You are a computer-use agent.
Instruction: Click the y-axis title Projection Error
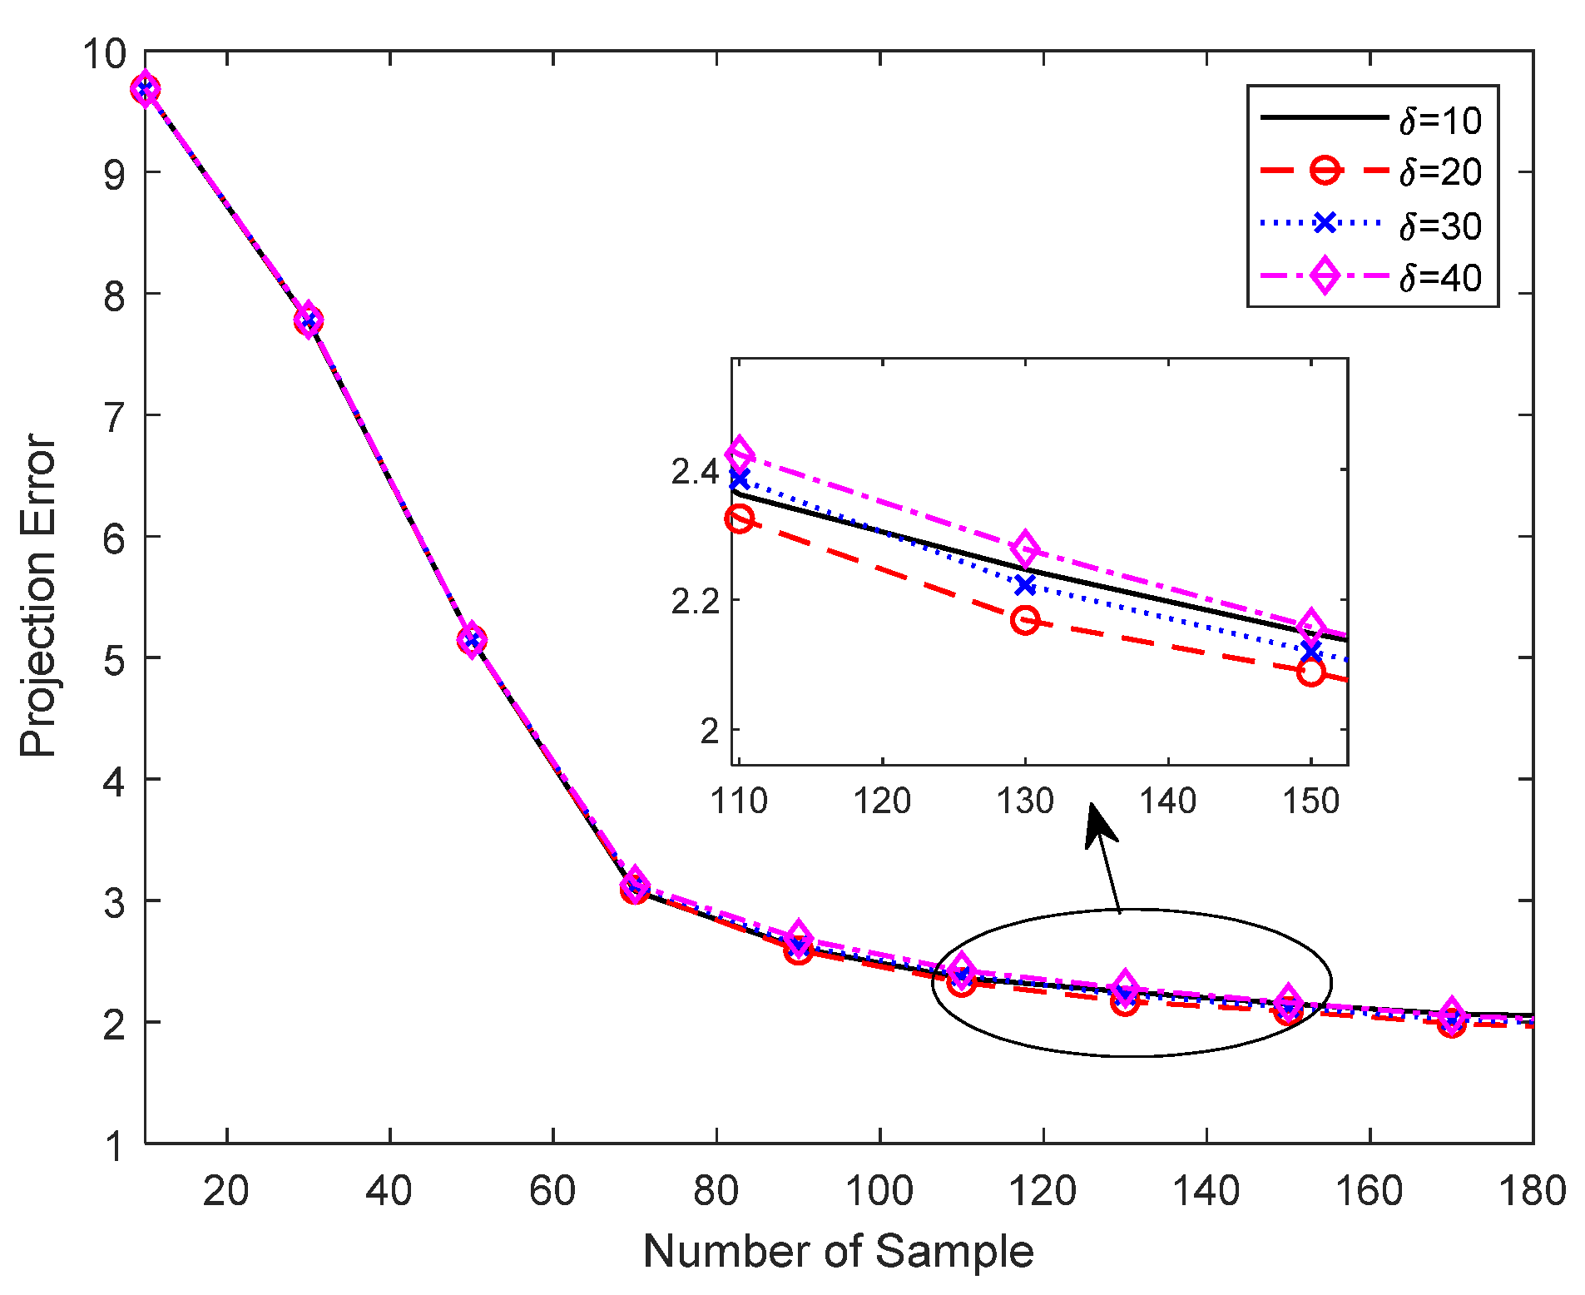tap(38, 596)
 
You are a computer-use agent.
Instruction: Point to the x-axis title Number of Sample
tap(838, 1252)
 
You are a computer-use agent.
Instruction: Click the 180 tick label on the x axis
tap(1531, 1191)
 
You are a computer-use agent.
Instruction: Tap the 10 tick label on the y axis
tap(104, 55)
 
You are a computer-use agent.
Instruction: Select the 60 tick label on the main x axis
tap(552, 1191)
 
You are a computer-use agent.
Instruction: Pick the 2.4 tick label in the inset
tap(695, 472)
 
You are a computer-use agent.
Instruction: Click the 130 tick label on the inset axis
tap(1025, 801)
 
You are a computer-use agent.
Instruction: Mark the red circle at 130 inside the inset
tap(1025, 620)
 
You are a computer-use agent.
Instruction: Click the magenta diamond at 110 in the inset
tap(740, 454)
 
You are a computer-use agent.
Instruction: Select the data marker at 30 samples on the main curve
tap(309, 321)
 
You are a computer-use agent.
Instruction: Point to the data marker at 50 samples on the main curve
tap(472, 640)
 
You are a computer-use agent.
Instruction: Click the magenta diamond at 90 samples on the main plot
tap(798, 936)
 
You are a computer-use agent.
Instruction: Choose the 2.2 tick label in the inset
tap(695, 601)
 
